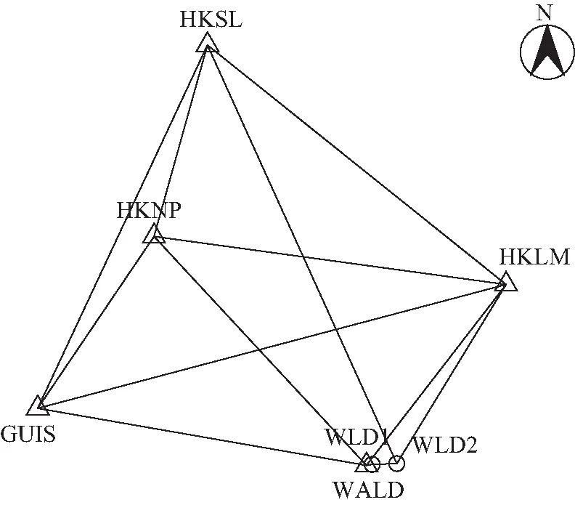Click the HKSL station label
pyautogui.click(x=211, y=19)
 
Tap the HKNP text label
pyautogui.click(x=149, y=211)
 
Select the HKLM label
pyautogui.click(x=534, y=257)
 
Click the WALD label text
pyautogui.click(x=368, y=489)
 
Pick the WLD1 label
pyautogui.click(x=356, y=438)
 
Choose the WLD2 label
pyautogui.click(x=444, y=445)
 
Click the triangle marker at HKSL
pyautogui.click(x=208, y=45)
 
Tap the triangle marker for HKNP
pyautogui.click(x=154, y=235)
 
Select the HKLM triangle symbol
pyautogui.click(x=506, y=282)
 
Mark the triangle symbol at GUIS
pyautogui.click(x=38, y=405)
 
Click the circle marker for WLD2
pyautogui.click(x=396, y=463)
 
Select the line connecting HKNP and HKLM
pyautogui.click(x=327, y=259)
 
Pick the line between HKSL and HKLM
pyautogui.click(x=356, y=164)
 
